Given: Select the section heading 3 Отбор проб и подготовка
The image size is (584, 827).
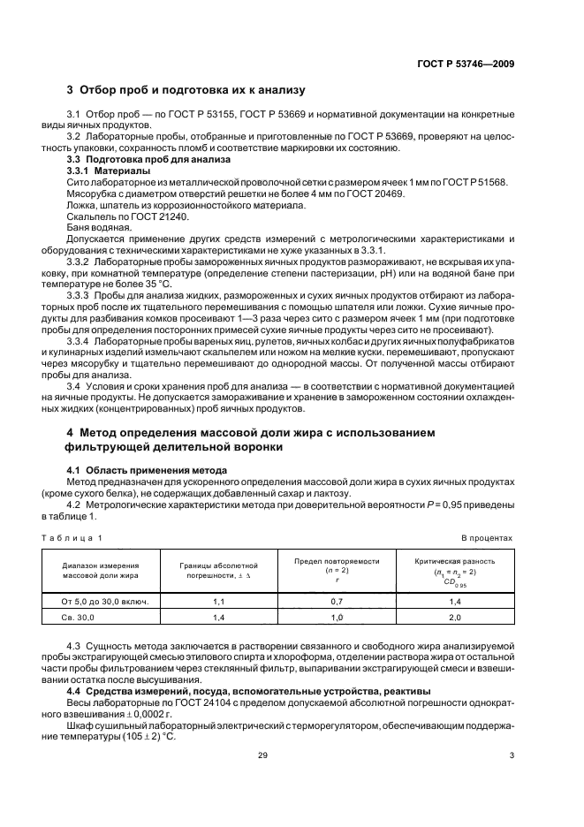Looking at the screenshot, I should pos(186,90).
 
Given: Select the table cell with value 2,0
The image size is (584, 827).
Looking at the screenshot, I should pos(455,618).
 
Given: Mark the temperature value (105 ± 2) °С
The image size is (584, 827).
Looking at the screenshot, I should pos(148,734).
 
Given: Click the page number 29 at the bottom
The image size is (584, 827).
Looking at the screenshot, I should pos(262,778).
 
